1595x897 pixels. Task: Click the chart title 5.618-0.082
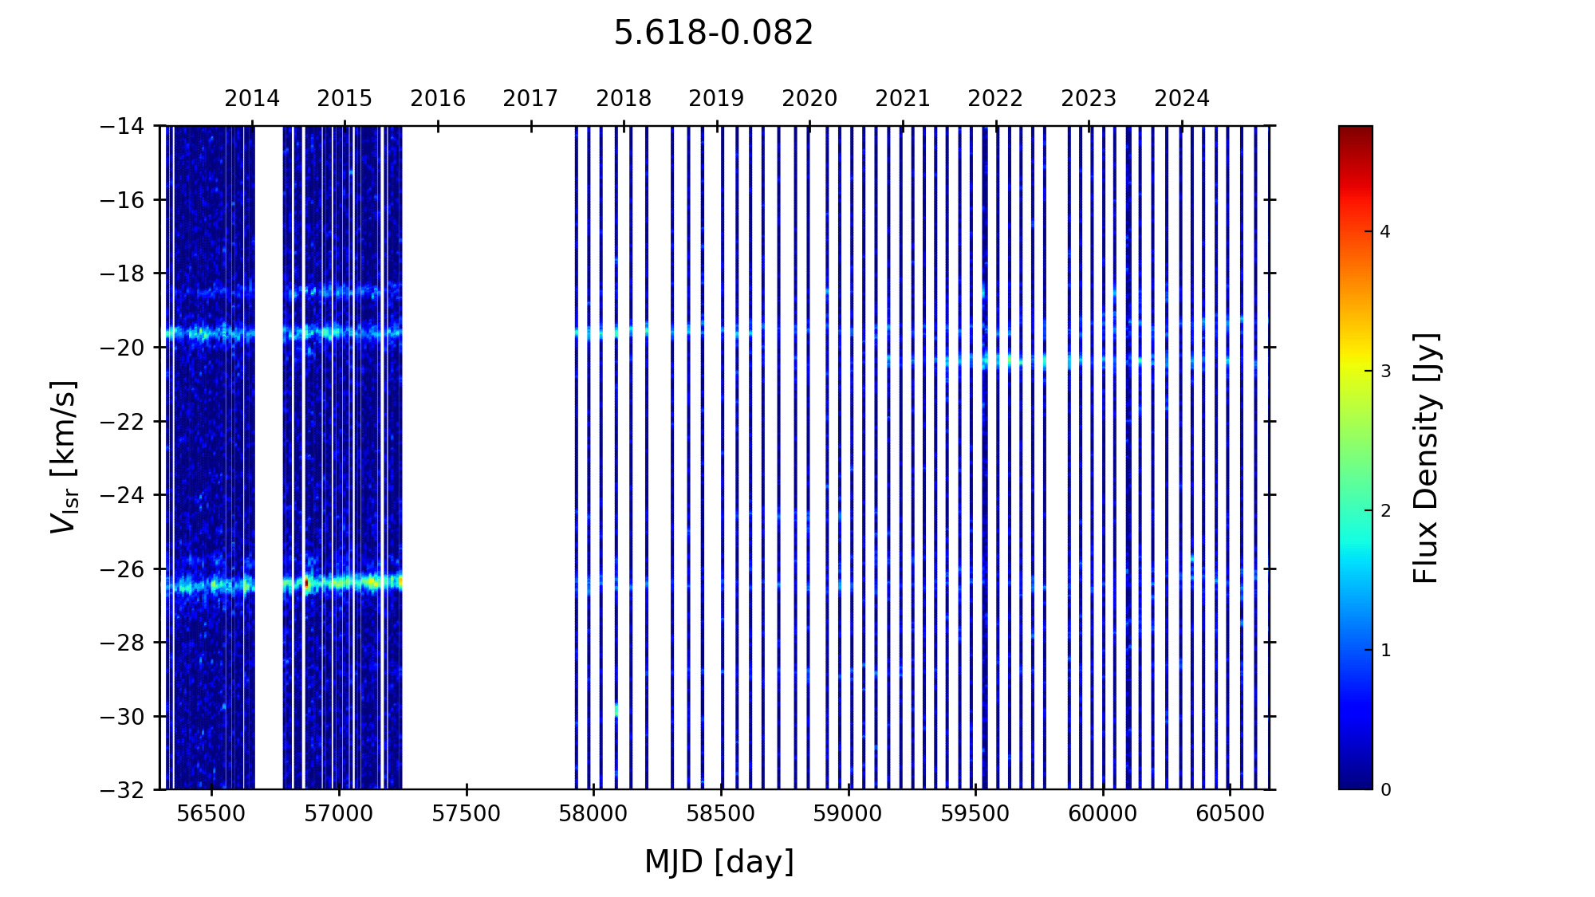713,33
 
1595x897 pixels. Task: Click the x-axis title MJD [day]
719,862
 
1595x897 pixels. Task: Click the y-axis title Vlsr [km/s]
64,456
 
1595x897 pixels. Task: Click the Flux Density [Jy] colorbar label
1425,458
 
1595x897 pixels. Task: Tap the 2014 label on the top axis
252,99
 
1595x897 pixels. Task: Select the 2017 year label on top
530,99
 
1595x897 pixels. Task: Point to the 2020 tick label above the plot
809,99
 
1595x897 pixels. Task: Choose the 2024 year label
1182,99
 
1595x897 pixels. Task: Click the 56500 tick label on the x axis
211,814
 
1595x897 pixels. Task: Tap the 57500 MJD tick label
467,814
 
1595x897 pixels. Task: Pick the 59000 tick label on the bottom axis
848,814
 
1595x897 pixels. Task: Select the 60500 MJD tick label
1230,814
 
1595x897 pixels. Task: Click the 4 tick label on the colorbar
1385,232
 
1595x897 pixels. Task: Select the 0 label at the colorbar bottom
1385,790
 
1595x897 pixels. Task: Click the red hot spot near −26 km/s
306,584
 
